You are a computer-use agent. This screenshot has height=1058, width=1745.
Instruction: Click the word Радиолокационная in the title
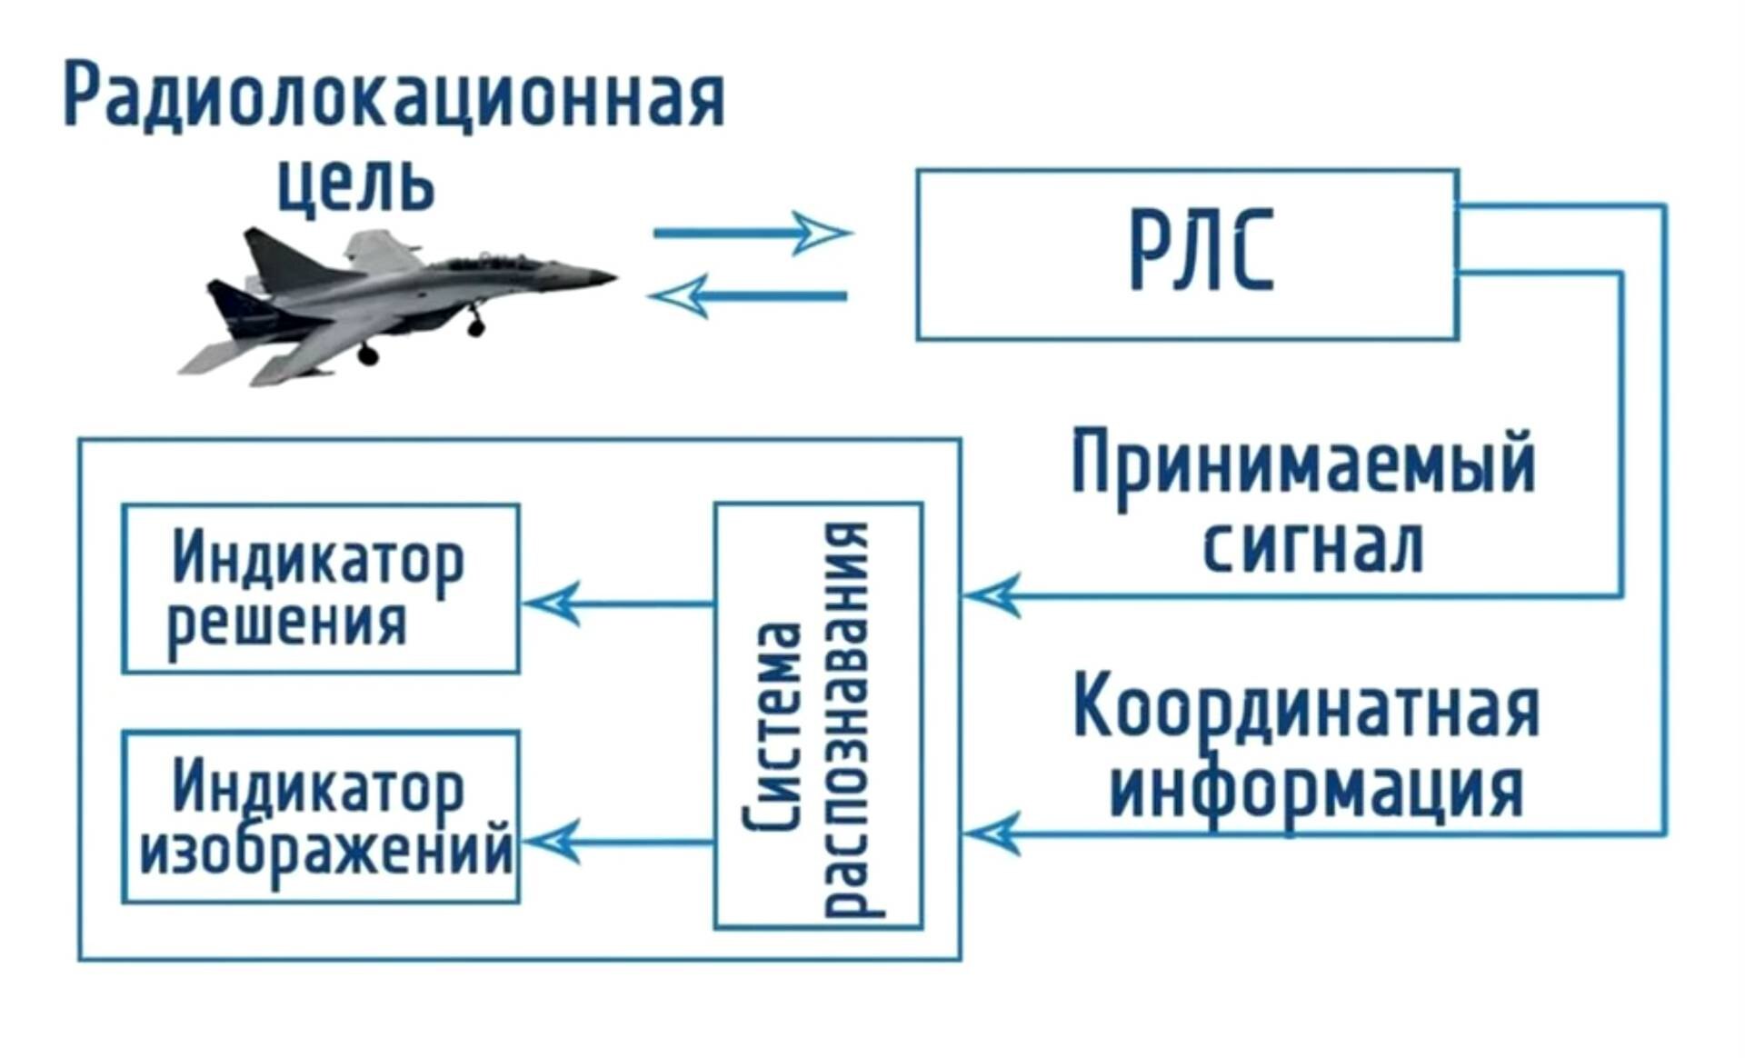(x=394, y=98)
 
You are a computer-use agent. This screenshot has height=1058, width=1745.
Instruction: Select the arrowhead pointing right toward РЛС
(x=823, y=233)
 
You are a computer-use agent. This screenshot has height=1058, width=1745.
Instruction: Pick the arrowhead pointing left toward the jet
(x=677, y=296)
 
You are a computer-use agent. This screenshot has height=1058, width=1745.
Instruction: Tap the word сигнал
(x=1312, y=546)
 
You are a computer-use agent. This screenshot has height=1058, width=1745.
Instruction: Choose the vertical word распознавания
(x=850, y=718)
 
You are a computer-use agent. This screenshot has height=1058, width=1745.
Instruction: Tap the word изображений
(x=325, y=851)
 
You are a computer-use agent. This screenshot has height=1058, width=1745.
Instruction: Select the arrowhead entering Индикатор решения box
(x=551, y=603)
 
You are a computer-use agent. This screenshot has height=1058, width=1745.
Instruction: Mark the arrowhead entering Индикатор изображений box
(x=551, y=841)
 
